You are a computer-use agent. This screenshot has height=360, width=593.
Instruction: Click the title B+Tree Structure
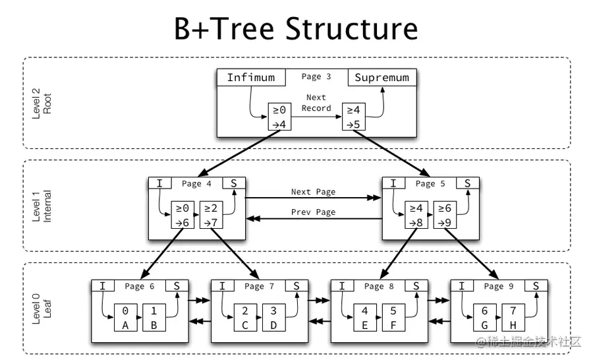click(296, 29)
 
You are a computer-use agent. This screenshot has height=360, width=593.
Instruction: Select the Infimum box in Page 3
click(251, 78)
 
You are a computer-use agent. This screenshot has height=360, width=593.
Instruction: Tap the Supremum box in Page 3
click(382, 78)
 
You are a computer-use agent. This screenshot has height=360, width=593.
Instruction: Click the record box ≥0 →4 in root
click(279, 116)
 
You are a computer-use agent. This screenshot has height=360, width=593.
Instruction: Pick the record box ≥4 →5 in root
click(353, 116)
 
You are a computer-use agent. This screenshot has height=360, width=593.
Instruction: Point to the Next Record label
click(316, 103)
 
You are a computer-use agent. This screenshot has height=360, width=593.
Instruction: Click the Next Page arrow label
click(313, 192)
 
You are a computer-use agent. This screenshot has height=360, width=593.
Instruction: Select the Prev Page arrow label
click(313, 212)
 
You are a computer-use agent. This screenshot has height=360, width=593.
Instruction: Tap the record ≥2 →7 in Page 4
click(212, 215)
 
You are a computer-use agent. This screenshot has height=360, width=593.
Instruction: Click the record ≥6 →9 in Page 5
click(445, 215)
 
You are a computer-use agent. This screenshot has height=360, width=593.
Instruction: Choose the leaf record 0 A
click(125, 317)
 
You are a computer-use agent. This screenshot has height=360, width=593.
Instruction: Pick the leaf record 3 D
click(273, 317)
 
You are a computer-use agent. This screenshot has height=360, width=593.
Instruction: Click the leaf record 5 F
click(393, 317)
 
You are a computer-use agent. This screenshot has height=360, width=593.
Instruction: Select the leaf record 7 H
click(513, 317)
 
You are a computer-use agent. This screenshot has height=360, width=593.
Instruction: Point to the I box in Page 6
click(103, 286)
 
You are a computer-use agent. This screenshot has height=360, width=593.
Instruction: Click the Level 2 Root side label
click(42, 103)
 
